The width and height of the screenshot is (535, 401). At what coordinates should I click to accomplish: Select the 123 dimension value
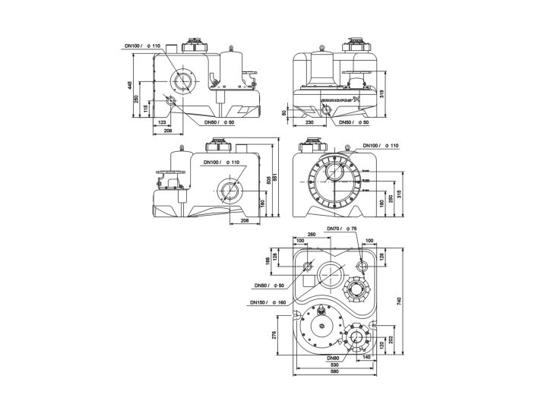[161, 122]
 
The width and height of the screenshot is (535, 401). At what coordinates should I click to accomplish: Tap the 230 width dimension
[310, 122]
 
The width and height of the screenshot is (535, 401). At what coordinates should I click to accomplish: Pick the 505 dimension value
[267, 180]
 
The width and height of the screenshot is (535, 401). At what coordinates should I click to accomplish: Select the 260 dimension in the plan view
[311, 235]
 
